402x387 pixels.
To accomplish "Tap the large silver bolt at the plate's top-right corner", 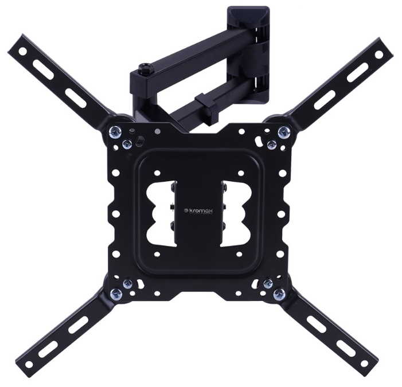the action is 284,132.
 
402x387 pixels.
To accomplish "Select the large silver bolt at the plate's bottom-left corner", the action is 116,295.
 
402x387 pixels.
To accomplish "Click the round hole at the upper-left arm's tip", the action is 22,51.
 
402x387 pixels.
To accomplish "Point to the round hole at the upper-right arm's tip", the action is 378,55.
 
